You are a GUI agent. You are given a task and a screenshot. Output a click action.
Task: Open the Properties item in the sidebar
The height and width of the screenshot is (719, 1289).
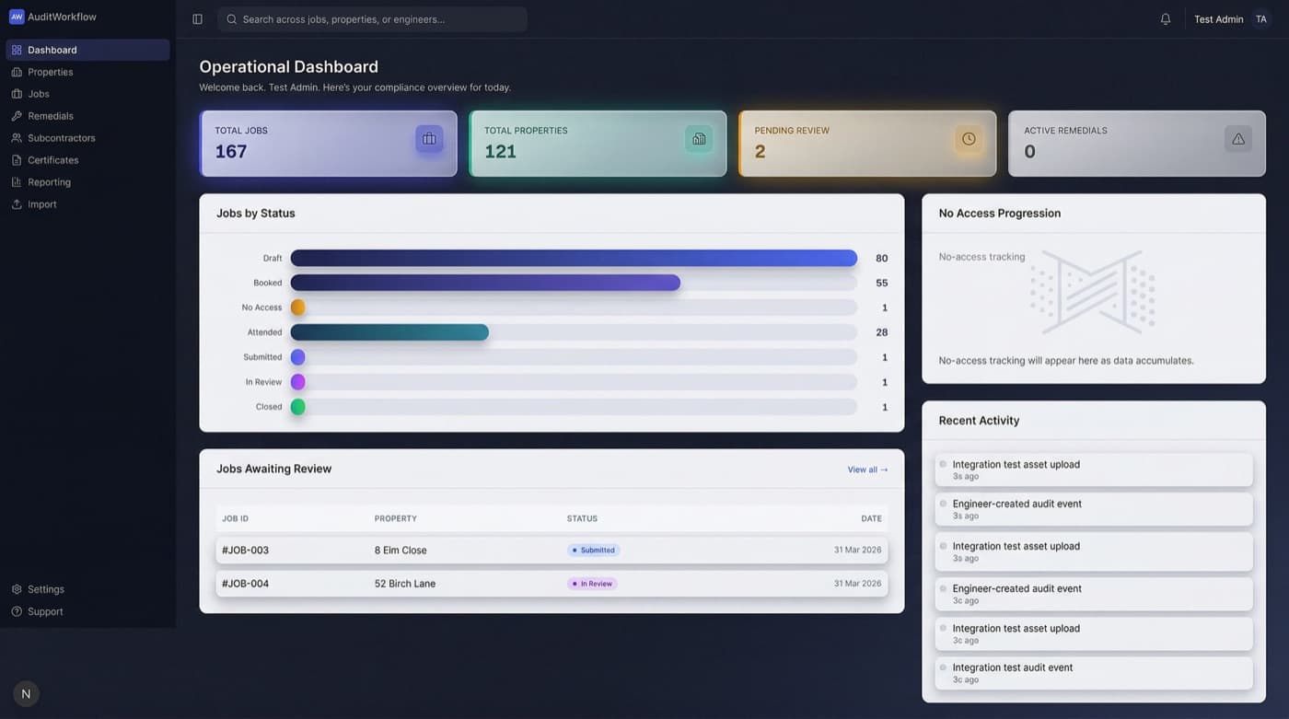click(x=50, y=72)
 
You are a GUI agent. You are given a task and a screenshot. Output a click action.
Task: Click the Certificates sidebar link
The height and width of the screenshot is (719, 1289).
click(x=52, y=160)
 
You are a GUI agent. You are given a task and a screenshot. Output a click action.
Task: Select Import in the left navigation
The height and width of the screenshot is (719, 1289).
click(x=41, y=204)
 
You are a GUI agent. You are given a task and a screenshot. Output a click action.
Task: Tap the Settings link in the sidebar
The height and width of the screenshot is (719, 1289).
click(x=45, y=589)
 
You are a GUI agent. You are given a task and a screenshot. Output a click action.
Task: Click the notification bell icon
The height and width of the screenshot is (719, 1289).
click(x=1166, y=19)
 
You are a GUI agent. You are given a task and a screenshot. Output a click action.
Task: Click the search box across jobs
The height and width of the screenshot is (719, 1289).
click(x=373, y=19)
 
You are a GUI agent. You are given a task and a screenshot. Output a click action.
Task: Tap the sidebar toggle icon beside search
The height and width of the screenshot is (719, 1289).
click(x=197, y=19)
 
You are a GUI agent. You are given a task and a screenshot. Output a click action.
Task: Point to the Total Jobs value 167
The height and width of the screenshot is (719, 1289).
click(x=231, y=151)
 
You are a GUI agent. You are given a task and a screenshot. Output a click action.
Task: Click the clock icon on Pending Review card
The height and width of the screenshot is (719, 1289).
click(x=969, y=139)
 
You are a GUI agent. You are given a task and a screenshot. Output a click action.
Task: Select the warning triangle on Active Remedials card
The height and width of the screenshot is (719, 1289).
click(x=1238, y=139)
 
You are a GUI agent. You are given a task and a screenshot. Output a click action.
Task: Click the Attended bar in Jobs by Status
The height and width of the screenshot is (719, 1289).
click(x=389, y=332)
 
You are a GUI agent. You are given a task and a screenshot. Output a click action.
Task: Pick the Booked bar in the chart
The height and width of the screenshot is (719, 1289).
click(x=485, y=283)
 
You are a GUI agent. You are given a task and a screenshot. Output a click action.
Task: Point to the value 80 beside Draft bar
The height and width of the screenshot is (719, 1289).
click(x=881, y=259)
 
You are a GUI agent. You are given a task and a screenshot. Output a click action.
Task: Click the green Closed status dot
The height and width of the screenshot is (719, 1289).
click(x=298, y=407)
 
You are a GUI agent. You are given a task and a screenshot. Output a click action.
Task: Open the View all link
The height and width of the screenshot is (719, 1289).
click(x=867, y=470)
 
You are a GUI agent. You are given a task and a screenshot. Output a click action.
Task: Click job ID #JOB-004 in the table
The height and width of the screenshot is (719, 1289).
click(x=246, y=584)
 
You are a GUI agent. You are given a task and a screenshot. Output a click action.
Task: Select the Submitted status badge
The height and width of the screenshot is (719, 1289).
click(x=594, y=551)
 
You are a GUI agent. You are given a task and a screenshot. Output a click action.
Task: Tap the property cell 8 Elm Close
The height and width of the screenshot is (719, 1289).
click(x=401, y=551)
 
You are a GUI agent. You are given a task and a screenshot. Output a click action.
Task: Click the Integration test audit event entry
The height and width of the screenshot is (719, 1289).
click(x=1013, y=668)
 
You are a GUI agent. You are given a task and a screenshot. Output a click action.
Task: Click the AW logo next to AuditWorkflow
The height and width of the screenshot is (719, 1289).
click(x=17, y=17)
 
